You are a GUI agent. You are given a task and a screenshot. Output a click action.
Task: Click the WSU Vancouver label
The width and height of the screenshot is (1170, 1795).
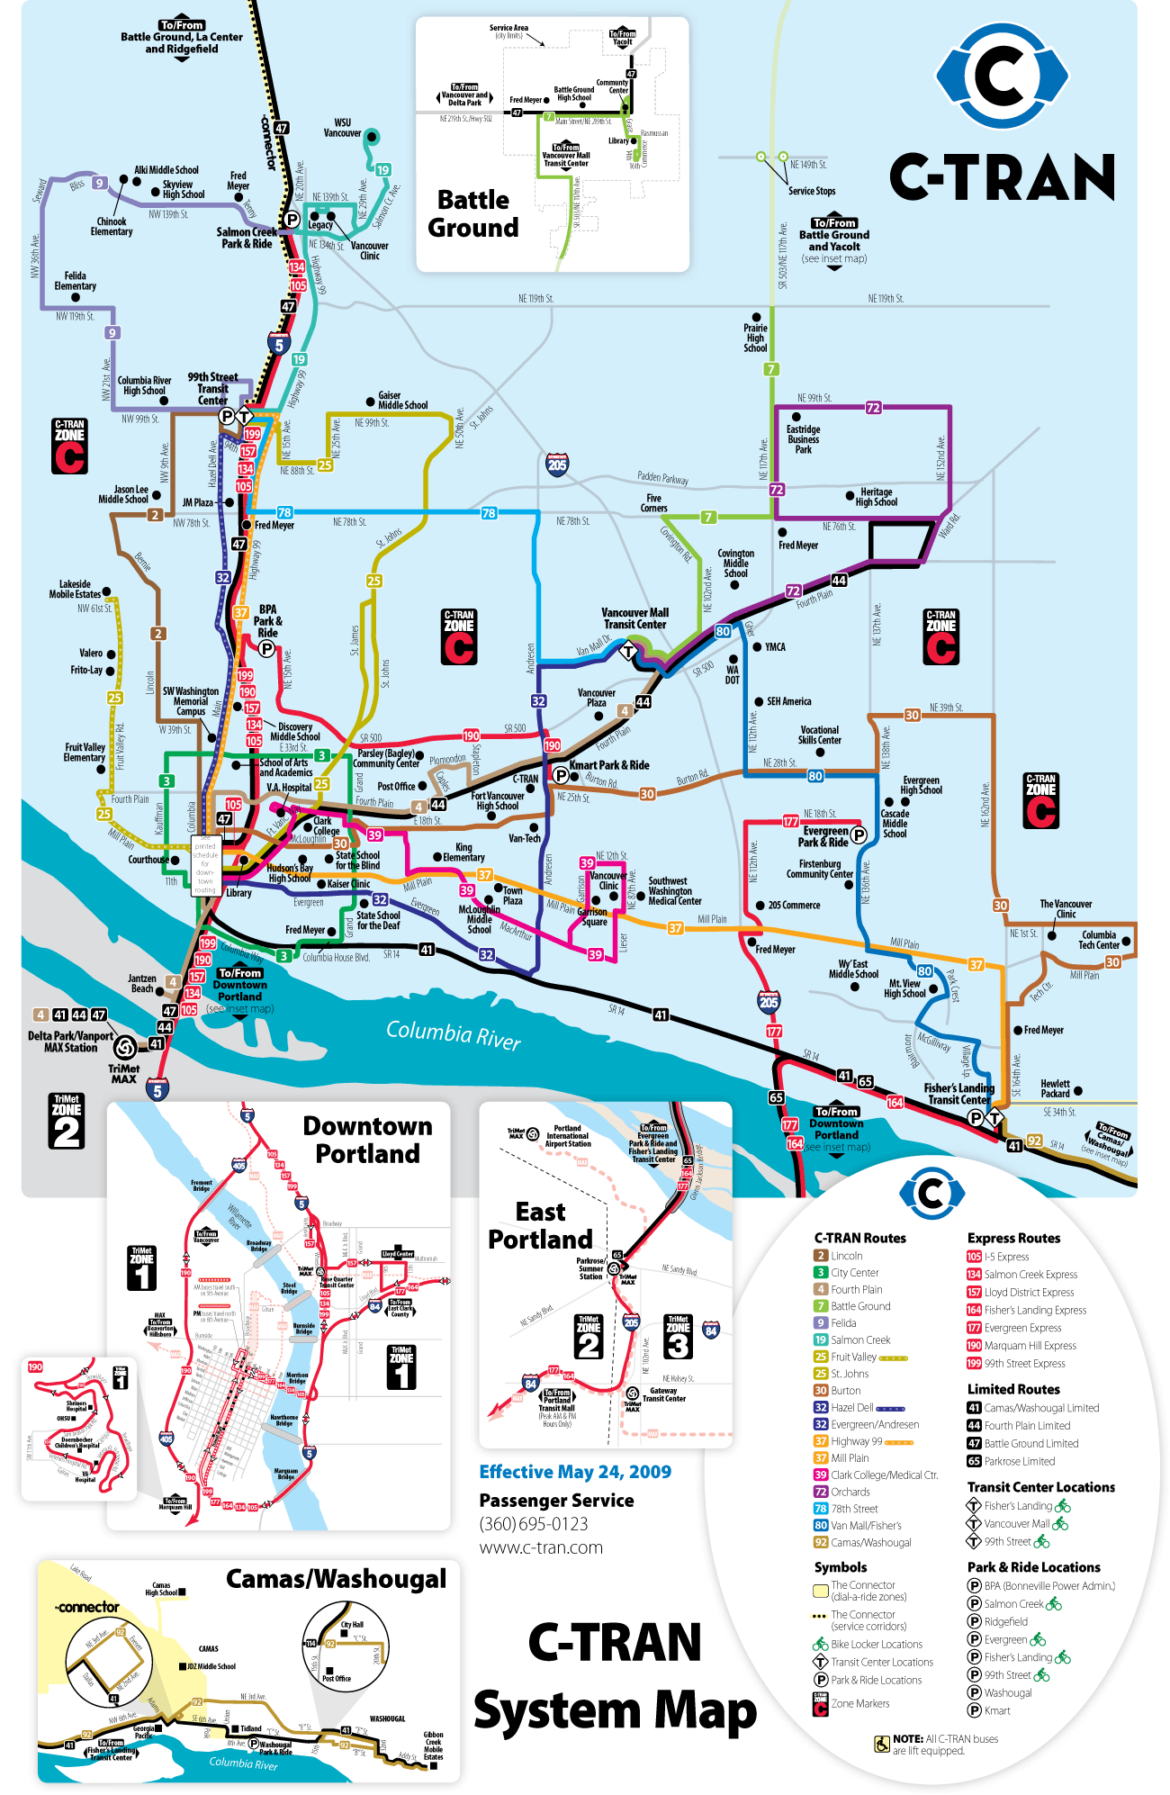click(x=342, y=128)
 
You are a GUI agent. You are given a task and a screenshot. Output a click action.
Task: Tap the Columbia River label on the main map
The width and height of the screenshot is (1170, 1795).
click(x=454, y=1034)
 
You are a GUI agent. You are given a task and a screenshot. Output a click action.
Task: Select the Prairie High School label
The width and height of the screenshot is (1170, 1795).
click(x=755, y=338)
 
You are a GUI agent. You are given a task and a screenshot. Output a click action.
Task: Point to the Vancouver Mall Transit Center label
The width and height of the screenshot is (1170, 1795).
click(x=634, y=618)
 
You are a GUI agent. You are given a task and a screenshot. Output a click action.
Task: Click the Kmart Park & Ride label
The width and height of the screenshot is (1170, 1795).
click(x=608, y=765)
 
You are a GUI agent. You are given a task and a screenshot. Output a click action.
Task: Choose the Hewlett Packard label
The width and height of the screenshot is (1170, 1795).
click(x=1055, y=1089)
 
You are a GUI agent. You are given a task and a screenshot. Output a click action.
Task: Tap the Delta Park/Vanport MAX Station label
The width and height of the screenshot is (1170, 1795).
click(x=70, y=1042)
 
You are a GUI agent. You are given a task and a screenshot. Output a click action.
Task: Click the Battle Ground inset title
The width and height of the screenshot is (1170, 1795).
click(x=473, y=213)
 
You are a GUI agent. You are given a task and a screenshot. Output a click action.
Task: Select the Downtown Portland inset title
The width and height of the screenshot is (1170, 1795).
click(x=367, y=1140)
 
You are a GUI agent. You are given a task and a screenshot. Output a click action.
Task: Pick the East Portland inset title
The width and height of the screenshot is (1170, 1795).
click(x=540, y=1226)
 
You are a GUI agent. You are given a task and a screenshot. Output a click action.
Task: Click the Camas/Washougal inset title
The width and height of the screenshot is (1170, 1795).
click(x=336, y=1579)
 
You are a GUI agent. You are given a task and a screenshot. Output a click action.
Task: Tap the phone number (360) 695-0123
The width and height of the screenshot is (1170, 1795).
click(x=534, y=1524)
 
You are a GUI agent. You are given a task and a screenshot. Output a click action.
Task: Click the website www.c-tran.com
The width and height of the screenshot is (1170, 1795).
click(x=541, y=1547)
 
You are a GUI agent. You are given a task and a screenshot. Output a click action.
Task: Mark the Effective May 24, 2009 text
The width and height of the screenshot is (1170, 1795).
click(x=575, y=1472)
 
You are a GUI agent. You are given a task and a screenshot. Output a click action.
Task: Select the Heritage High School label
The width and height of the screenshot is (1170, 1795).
click(x=876, y=497)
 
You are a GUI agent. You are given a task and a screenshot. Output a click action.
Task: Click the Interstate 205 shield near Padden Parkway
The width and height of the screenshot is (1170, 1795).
click(x=557, y=464)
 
